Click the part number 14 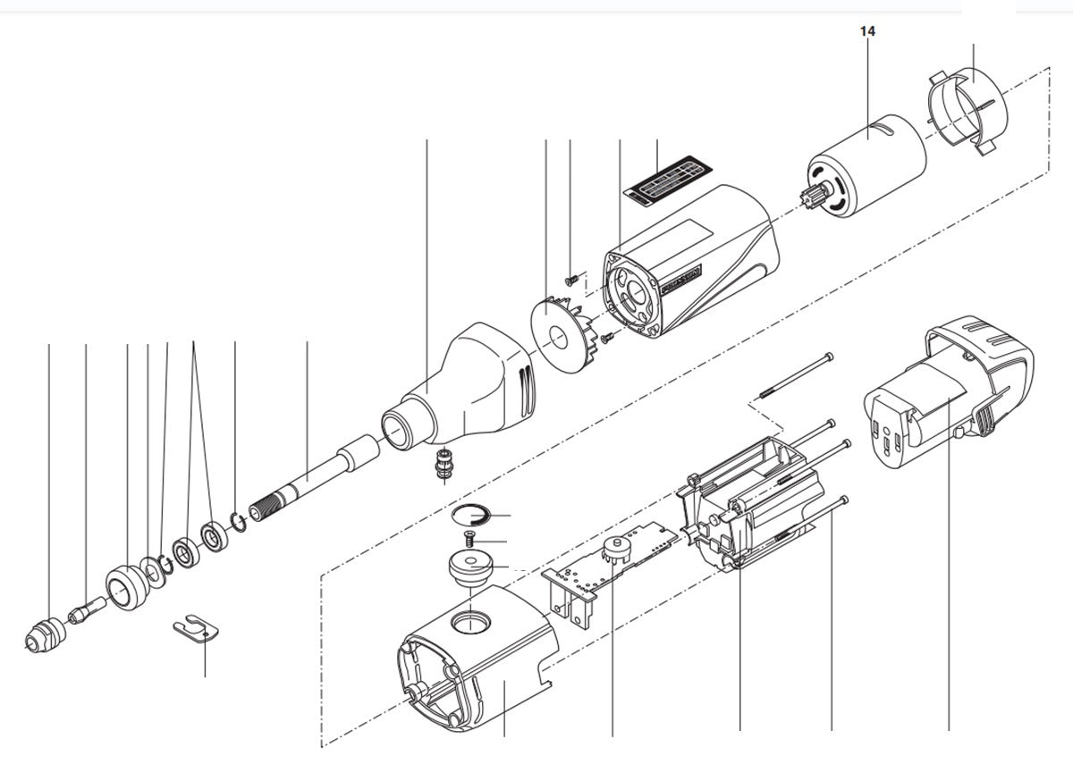[867, 30]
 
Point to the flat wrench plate [197, 629]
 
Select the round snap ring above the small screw [470, 516]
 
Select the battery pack [948, 393]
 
